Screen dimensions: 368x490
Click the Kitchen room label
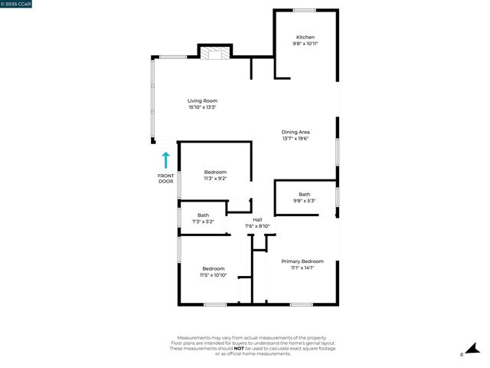pos(305,37)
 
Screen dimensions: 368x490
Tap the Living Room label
pos(203,100)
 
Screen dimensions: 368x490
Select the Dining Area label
pos(296,132)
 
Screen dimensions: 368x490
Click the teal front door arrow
pos(165,160)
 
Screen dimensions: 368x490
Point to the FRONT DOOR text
pos(165,179)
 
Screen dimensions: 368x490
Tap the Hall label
pos(257,220)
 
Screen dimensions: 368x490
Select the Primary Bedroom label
pos(302,261)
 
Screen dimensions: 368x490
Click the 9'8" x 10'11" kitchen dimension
pos(305,44)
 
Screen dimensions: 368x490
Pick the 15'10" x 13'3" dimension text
pos(203,107)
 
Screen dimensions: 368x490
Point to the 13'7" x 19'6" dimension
pos(296,139)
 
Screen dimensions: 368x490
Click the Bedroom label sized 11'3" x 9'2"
pos(215,172)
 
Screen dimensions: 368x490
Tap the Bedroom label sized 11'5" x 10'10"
pos(214,268)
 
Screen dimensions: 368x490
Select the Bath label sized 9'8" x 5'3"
pos(304,194)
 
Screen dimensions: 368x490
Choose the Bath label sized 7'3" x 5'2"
pos(203,215)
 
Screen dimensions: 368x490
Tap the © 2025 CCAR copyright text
pos(16,4)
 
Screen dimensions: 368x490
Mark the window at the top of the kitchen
pos(304,10)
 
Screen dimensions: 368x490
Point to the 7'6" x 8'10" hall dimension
pos(257,227)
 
